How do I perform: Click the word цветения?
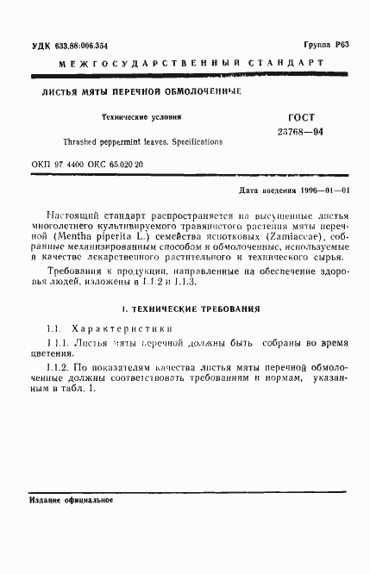pos(55,353)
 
